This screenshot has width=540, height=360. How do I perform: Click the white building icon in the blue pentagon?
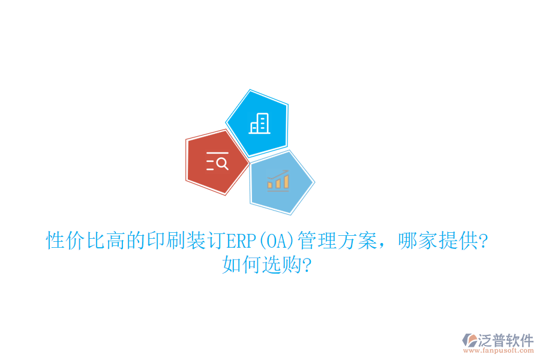pos(259,124)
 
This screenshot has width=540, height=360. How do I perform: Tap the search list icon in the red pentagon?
pos(217,162)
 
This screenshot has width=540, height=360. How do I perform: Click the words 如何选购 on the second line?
pos(261,264)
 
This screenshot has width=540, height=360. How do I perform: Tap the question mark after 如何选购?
pos(307,264)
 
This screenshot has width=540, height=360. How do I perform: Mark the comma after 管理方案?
pos(384,245)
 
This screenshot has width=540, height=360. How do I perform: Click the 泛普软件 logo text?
pos(505,340)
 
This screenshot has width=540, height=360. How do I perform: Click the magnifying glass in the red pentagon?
pos(222,162)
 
